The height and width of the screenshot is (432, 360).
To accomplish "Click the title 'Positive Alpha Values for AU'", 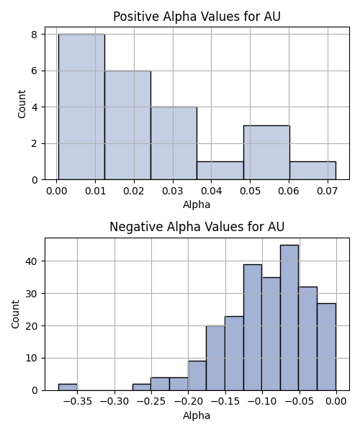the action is click(197, 17).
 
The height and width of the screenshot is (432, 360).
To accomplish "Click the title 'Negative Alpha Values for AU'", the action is click(197, 227).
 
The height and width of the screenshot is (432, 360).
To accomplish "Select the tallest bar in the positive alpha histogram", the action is click(81, 107).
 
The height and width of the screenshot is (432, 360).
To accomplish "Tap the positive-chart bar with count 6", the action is click(128, 125).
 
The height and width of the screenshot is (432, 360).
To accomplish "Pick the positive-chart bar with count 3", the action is click(266, 153).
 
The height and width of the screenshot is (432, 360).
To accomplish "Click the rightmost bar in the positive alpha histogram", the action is click(313, 171).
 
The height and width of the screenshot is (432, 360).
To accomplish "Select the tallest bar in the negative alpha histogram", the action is click(289, 318).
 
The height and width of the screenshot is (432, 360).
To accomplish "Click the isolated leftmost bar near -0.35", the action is click(68, 387).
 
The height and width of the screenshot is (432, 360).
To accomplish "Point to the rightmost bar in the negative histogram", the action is click(327, 347).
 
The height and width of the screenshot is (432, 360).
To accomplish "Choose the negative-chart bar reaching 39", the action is click(253, 328).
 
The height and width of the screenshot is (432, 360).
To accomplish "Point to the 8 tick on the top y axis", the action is click(35, 35).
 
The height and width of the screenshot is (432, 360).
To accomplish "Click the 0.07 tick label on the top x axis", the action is click(328, 191).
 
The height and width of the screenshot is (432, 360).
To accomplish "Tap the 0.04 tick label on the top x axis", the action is click(211, 191).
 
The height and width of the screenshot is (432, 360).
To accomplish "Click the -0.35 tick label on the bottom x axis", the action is click(77, 402).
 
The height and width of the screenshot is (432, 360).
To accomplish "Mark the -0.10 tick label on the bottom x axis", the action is click(262, 402).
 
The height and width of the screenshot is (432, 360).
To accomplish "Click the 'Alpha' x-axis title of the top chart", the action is click(197, 204).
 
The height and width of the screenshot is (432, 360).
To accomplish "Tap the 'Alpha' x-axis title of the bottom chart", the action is click(197, 415).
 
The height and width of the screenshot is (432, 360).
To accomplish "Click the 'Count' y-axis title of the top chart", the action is click(22, 104).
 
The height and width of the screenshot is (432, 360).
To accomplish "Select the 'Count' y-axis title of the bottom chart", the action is click(15, 315).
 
